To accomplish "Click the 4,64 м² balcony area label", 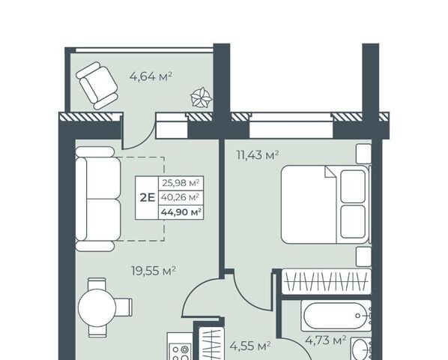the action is coord(151,76).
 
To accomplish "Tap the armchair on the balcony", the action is coord(97,85).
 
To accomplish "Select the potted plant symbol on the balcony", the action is coord(201,97).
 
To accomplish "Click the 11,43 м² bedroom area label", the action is coord(258,155).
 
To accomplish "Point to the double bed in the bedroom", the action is coord(325,205).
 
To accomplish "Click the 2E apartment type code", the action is coord(147,197).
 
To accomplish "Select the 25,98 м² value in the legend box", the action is coord(181,183).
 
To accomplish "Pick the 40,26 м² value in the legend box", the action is coord(181,197).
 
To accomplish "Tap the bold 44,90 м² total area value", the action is coord(181,212).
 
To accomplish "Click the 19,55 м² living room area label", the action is coord(154,271).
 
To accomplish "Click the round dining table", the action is coord(97,307).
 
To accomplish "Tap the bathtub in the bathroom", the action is coord(336,316).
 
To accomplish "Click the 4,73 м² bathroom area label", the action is coord(326,340).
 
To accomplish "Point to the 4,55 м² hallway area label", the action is coord(250,346).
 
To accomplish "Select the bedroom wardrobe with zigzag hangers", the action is coord(327,281).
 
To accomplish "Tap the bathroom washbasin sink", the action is coord(360,349).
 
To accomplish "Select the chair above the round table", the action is coord(97,283).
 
